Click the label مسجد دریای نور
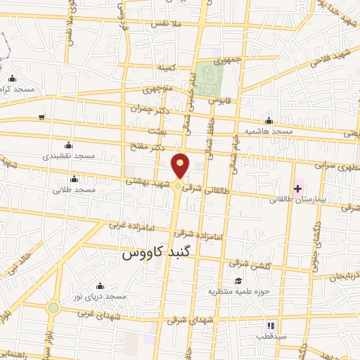point(102,297)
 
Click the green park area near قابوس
point(207,79)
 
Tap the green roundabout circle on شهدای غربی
point(53,307)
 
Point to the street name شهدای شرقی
point(186,319)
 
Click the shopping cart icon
point(42,117)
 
